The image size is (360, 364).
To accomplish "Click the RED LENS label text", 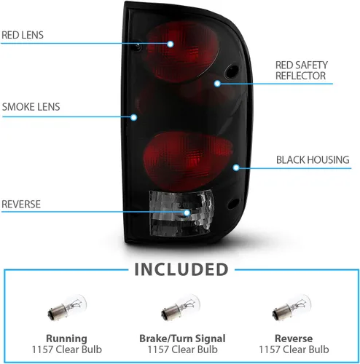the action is click(x=23, y=35).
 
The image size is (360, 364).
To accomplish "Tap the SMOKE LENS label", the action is click(x=31, y=107).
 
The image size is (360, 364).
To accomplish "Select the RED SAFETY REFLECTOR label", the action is click(x=302, y=71).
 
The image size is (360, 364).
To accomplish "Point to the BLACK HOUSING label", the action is click(x=313, y=160).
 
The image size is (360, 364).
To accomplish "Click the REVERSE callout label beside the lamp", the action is click(x=21, y=205).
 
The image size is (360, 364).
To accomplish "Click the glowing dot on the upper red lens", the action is click(x=171, y=44).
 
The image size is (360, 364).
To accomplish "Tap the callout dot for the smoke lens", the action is click(x=133, y=118).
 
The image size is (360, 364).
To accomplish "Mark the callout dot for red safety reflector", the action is click(x=217, y=84).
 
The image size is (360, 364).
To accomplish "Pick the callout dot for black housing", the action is click(x=236, y=167).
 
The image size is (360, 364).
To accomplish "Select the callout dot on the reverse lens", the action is click(x=187, y=213).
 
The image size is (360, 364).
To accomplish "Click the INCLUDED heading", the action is click(x=181, y=269).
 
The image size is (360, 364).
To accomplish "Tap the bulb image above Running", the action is click(x=67, y=307).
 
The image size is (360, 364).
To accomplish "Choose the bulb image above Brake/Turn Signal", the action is click(x=181, y=307).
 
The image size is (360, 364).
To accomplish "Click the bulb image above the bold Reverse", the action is click(x=291, y=307).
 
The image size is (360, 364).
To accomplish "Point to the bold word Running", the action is click(x=66, y=339).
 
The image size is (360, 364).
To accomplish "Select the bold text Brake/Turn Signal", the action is click(x=182, y=339).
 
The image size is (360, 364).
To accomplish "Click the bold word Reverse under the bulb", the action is click(x=294, y=339).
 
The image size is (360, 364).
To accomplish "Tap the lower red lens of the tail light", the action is click(x=187, y=160).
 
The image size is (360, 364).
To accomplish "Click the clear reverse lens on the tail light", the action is click(x=181, y=213).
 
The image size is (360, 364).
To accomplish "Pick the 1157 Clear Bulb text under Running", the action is click(x=67, y=349).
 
